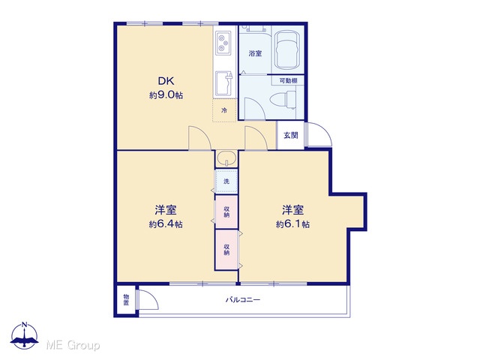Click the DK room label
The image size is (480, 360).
tap(166, 81)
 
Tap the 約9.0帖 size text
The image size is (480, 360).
tap(166, 95)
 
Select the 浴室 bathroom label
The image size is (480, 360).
tap(255, 53)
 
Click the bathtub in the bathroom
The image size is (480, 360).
tap(286, 50)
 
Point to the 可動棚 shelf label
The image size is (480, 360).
tap(288, 81)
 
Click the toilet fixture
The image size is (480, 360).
tap(283, 100)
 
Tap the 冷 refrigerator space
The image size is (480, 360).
tap(224, 110)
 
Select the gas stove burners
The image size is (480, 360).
tap(223, 43)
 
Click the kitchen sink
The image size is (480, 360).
tap(224, 83)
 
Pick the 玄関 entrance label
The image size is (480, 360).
tap(290, 135)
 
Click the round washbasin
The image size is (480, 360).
tap(226, 158)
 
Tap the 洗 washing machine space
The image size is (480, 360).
tap(226, 181)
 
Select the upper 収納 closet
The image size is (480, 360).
tap(226, 212)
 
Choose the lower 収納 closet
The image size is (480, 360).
tap(226, 250)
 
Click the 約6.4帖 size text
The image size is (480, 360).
tap(166, 224)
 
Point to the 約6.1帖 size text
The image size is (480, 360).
tap(292, 224)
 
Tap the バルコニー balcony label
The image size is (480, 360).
tap(243, 300)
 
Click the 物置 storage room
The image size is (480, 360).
tap(126, 300)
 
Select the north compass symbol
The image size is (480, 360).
tap(24, 336)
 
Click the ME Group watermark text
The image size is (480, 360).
tap(73, 345)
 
